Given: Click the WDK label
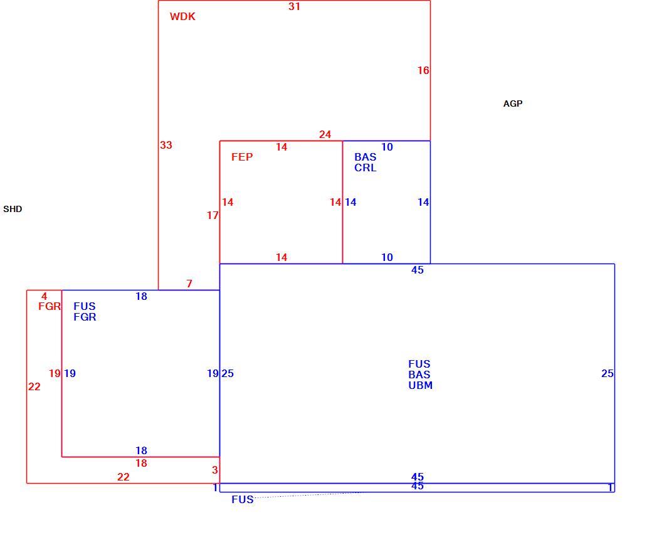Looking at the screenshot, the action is tap(182, 17).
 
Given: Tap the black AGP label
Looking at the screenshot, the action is tap(513, 104).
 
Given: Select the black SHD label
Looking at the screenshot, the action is tap(13, 209).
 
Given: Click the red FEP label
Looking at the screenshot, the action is tap(242, 157).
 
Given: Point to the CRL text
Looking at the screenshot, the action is tap(365, 167).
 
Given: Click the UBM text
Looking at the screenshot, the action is tap(421, 385).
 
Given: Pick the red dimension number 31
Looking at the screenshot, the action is tap(295, 7).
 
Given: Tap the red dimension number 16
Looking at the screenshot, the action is tap(423, 71).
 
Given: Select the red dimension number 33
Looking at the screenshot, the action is tap(166, 145).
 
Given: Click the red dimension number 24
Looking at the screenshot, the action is tap(325, 134).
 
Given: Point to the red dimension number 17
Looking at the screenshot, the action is tap(213, 215).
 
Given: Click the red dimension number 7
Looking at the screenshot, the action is tap(189, 284).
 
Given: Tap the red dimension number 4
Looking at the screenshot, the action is tap(44, 297).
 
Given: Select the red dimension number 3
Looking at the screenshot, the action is tap(214, 470).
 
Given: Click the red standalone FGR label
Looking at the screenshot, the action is tap(50, 307).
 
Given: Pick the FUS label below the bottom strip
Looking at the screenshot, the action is tap(243, 499).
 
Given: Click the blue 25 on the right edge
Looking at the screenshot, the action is tap(607, 373).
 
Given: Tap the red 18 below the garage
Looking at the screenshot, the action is tap(142, 463).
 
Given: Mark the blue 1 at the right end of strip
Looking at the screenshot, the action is tap(611, 487).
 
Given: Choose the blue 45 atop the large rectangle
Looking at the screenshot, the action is tap(418, 270).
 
